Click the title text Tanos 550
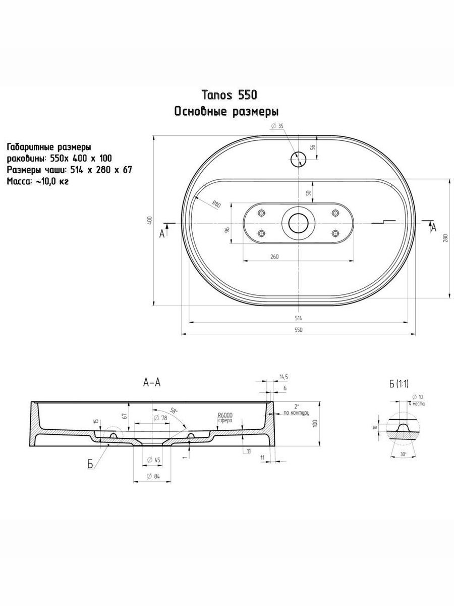[x=229, y=95]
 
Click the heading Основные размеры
[x=226, y=112]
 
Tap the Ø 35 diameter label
[x=277, y=126]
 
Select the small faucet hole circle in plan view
[x=298, y=159]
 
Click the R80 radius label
[x=216, y=205]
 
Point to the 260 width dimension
[x=274, y=257]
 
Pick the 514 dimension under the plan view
[x=298, y=318]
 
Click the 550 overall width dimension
[x=298, y=330]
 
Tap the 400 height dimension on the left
[x=149, y=220]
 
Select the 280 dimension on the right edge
[x=445, y=238]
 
